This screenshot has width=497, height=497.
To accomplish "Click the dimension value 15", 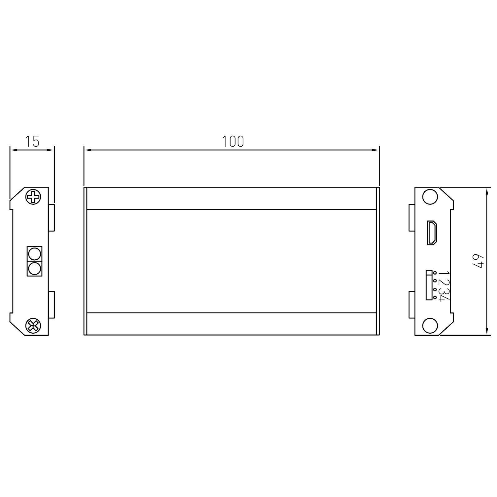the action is pos(32,141).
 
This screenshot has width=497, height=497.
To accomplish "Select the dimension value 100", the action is pos(233,141).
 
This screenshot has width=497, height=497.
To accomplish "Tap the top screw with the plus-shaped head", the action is pos(33,196).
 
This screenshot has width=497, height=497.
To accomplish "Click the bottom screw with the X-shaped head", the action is pos(33,326).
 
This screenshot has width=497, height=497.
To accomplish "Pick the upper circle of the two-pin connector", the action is pos(34,254).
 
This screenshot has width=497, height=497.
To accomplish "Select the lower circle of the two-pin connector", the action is pos(34,268).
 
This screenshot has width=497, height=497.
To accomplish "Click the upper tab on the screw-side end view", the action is pos(51,217).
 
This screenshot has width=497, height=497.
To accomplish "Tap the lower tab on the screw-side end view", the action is pos(51,305).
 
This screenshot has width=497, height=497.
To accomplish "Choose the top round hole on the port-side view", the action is pos(430,197).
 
